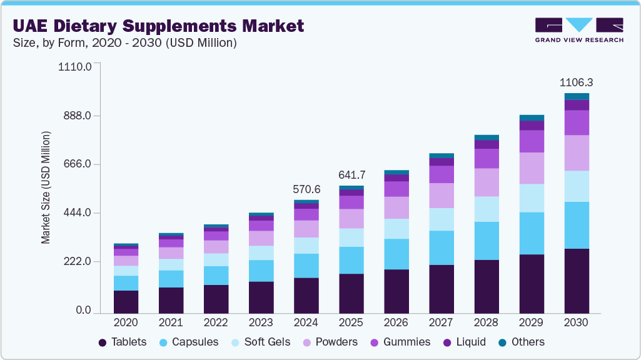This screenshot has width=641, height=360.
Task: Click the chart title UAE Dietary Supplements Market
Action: tap(158, 26)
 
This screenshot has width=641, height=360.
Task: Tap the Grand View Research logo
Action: tap(578, 29)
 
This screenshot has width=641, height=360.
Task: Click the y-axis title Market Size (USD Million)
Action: tap(46, 188)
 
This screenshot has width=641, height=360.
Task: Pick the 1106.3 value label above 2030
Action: tap(576, 82)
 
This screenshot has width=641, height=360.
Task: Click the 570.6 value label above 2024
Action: tap(306, 189)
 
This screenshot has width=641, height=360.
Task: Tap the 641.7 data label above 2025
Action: tap(351, 174)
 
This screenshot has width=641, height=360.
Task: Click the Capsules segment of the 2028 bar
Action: tap(486, 241)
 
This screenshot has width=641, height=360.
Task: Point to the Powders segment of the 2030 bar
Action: tap(576, 152)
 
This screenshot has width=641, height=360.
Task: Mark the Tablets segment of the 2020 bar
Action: tap(126, 301)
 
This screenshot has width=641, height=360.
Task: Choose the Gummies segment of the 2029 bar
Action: tap(531, 141)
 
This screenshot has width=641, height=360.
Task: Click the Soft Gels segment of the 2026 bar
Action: tap(396, 229)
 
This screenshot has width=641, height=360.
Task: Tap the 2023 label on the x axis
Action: tap(261, 322)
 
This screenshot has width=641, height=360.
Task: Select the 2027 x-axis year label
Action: tap(441, 322)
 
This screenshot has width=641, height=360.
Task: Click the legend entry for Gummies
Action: tap(401, 342)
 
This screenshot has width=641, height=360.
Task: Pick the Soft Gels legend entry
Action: tap(256, 342)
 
